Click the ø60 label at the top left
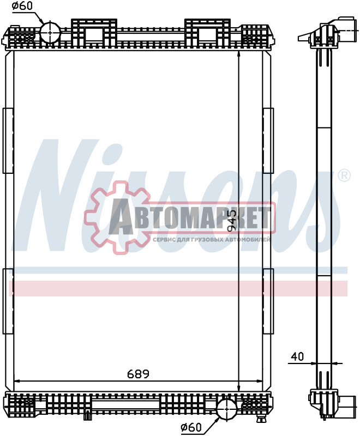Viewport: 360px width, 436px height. pos(22,7)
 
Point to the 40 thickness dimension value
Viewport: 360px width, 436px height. pos(297,356)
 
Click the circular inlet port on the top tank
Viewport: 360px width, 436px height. pos(49,32)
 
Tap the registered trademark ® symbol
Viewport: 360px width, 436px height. pos(344,175)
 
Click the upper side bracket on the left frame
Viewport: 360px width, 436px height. pos(8,141)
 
